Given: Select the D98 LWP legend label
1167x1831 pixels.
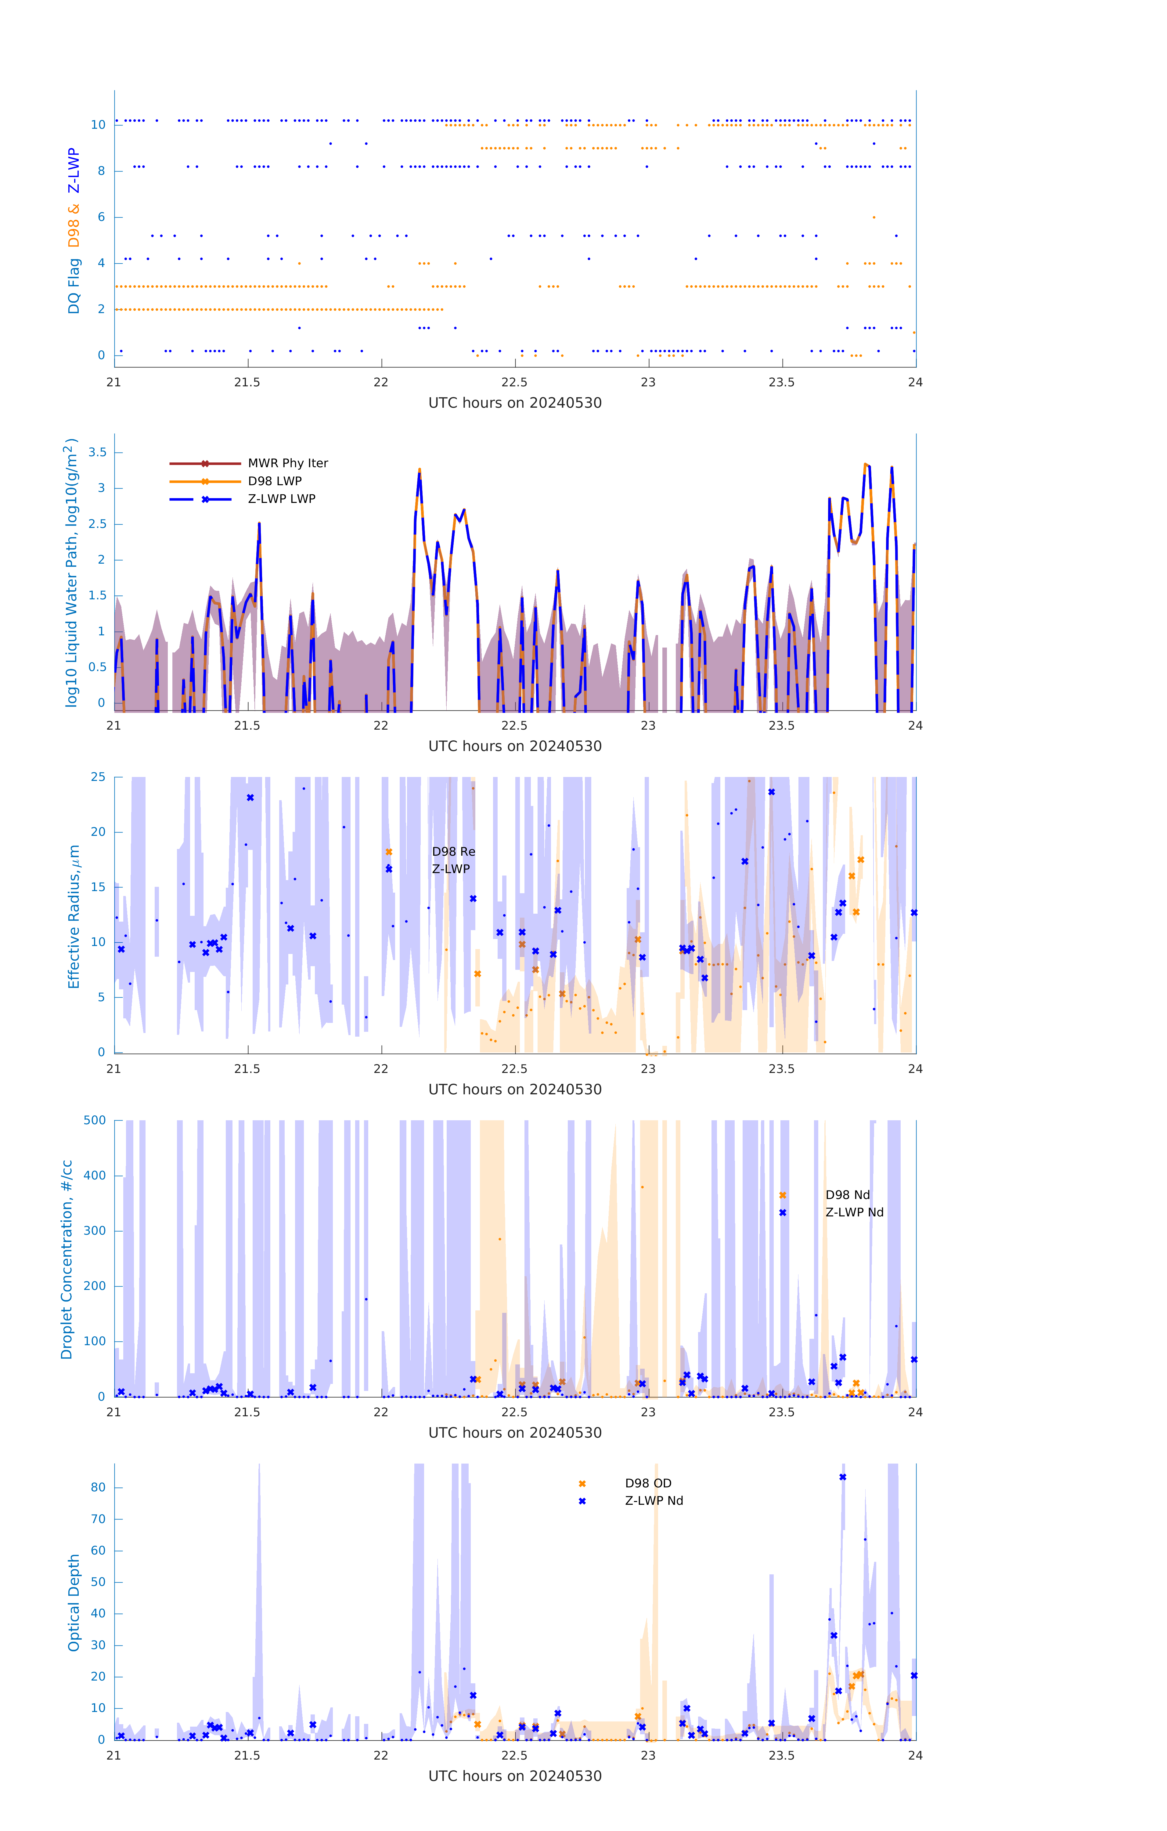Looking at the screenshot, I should (275, 481).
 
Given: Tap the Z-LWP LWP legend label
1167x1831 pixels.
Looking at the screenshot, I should (281, 499).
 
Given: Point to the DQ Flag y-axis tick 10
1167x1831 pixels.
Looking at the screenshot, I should (98, 125).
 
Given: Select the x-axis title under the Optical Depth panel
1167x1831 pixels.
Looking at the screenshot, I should (515, 1776).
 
